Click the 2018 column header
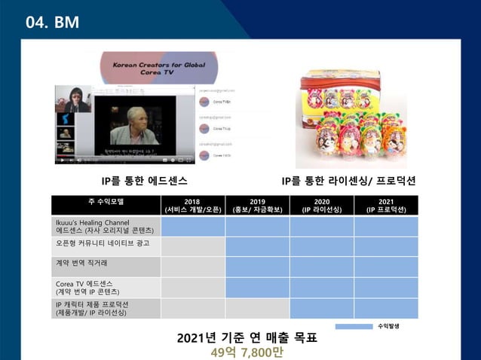(x=192, y=205)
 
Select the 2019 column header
(x=257, y=205)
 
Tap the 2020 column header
(x=321, y=205)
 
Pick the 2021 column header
(x=385, y=205)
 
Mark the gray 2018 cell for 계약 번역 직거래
(x=192, y=267)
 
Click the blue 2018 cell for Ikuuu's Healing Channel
(x=192, y=226)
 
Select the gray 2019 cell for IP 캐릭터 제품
(x=257, y=308)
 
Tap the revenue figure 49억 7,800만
(x=246, y=352)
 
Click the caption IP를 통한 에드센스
(x=145, y=182)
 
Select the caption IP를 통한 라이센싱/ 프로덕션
(x=348, y=182)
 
